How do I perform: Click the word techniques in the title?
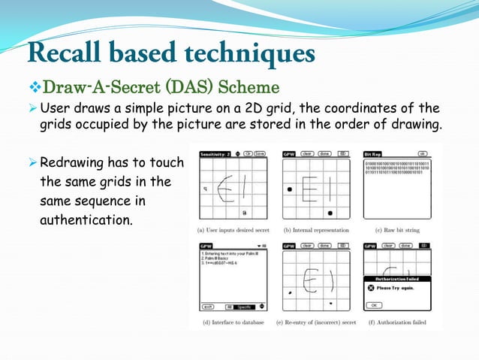click(x=252, y=54)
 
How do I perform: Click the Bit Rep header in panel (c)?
click(x=373, y=154)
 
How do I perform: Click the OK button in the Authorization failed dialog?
click(x=375, y=306)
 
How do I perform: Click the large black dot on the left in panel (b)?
click(x=290, y=190)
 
